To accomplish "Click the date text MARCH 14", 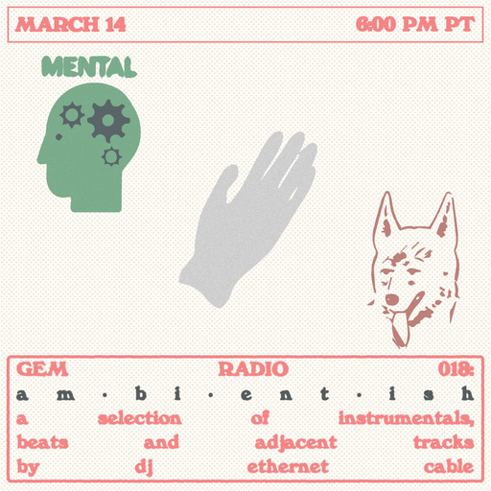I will pyautogui.click(x=72, y=25).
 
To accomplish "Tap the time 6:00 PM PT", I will pyautogui.click(x=415, y=25).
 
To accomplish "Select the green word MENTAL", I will pyautogui.click(x=87, y=67).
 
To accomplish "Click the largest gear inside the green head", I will pyautogui.click(x=108, y=119).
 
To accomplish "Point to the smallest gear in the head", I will pyautogui.click(x=112, y=155).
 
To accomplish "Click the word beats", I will pyautogui.click(x=43, y=443).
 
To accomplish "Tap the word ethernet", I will pyautogui.click(x=288, y=468).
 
